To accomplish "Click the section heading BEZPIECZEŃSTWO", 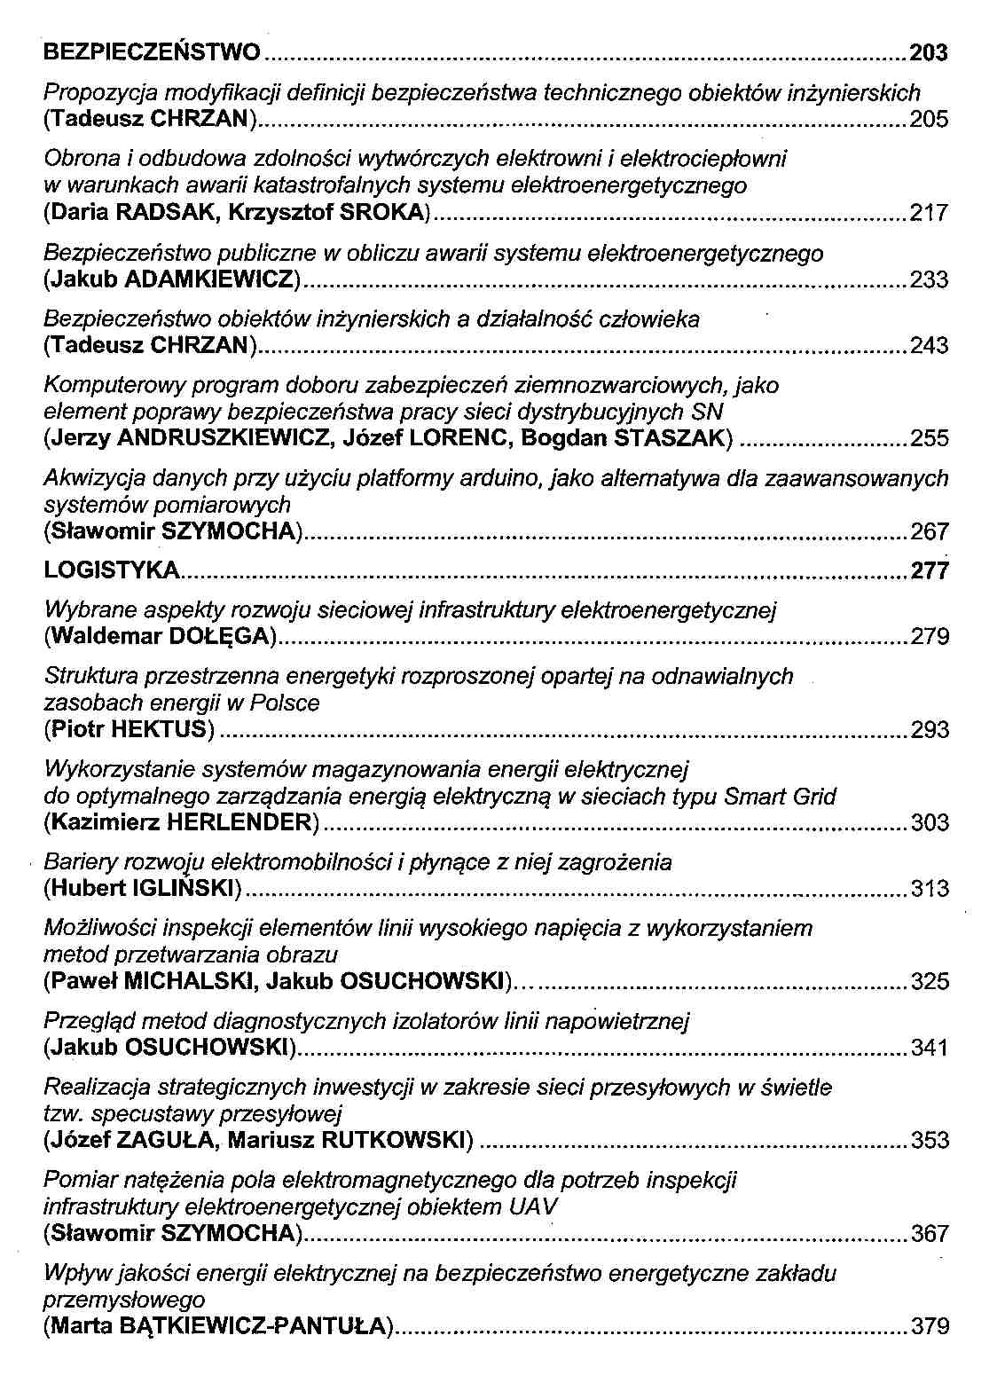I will (152, 52).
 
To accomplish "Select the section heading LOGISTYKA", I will (112, 570).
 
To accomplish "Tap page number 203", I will (929, 53).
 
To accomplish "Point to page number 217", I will (930, 213).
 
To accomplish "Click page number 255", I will (930, 438).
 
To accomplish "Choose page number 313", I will (930, 889).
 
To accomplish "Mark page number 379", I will (930, 1327).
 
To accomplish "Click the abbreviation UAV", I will (535, 1207).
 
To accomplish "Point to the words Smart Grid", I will (780, 797).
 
